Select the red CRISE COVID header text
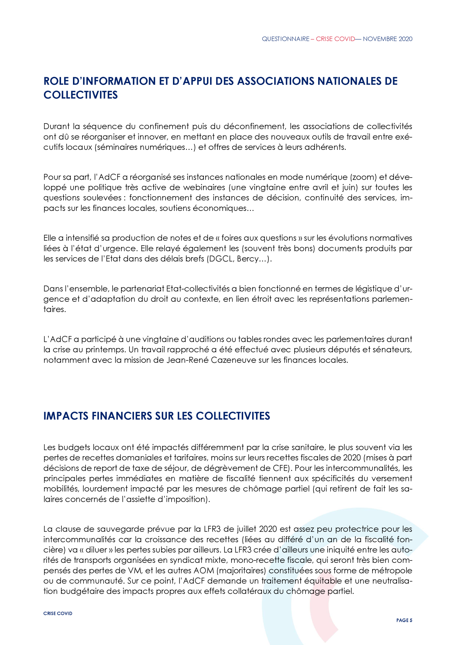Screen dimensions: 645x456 (335, 39)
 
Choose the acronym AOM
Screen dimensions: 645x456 (205, 571)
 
